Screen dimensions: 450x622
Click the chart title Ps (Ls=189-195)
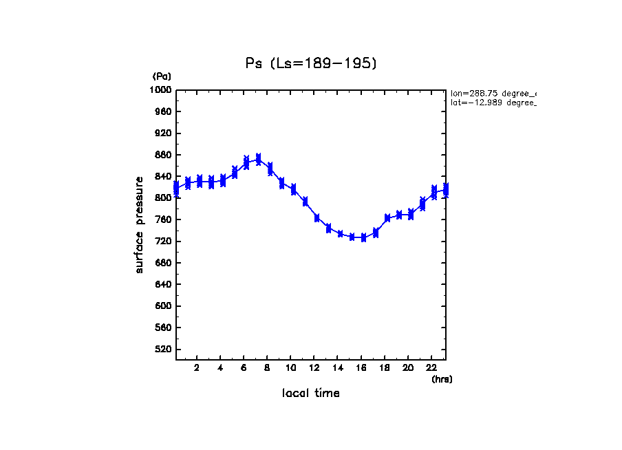point(311,63)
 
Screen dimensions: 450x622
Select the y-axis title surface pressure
point(140,224)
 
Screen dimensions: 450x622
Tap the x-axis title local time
point(311,394)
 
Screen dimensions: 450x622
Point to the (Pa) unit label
point(162,76)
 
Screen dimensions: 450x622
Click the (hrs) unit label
point(442,379)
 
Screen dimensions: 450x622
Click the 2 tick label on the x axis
point(197,367)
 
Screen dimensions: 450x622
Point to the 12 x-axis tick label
point(314,367)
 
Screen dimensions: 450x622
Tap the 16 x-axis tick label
point(361,367)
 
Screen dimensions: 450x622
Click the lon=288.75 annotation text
point(493,92)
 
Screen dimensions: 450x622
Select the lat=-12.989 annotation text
point(493,103)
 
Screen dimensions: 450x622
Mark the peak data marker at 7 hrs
point(258,160)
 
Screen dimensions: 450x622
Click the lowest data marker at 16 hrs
point(364,237)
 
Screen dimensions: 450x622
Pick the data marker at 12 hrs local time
point(317,217)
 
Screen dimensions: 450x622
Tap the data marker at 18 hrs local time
point(387,217)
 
